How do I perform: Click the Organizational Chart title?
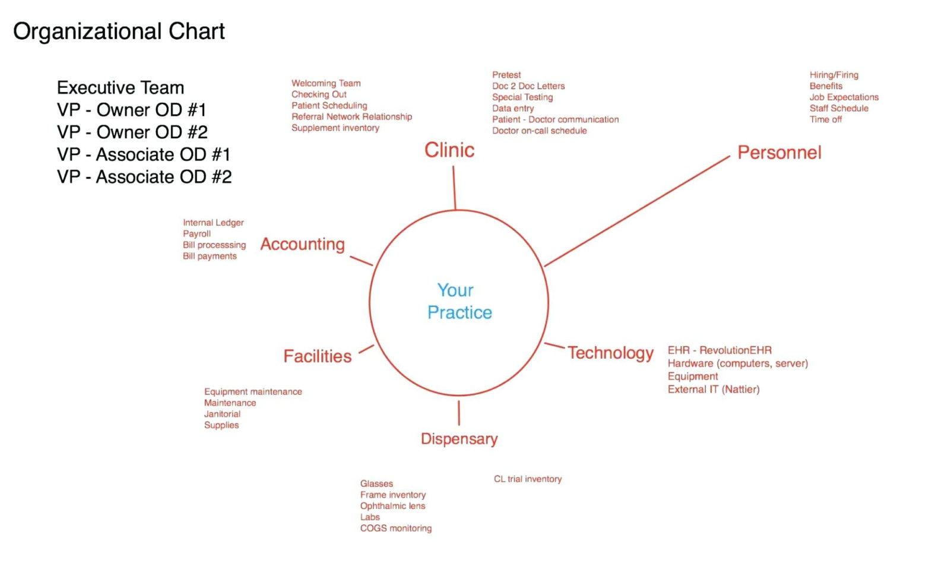click(119, 32)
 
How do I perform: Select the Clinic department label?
click(449, 150)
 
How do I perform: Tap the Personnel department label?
click(779, 153)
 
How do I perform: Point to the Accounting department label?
click(302, 245)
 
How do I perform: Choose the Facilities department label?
click(317, 356)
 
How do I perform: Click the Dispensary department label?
click(459, 439)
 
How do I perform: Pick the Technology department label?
click(610, 353)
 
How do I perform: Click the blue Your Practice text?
click(459, 302)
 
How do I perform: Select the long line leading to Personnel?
click(637, 211)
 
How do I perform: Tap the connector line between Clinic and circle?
click(454, 188)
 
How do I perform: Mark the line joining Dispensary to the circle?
click(459, 413)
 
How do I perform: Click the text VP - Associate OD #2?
click(144, 177)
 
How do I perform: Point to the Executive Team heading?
click(121, 87)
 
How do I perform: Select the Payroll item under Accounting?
click(197, 234)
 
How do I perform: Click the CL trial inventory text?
click(528, 479)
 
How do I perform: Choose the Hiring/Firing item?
click(834, 75)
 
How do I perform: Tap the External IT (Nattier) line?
click(714, 390)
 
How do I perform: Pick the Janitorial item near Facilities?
click(222, 414)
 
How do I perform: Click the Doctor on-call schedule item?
click(539, 131)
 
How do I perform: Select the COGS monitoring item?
click(395, 528)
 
